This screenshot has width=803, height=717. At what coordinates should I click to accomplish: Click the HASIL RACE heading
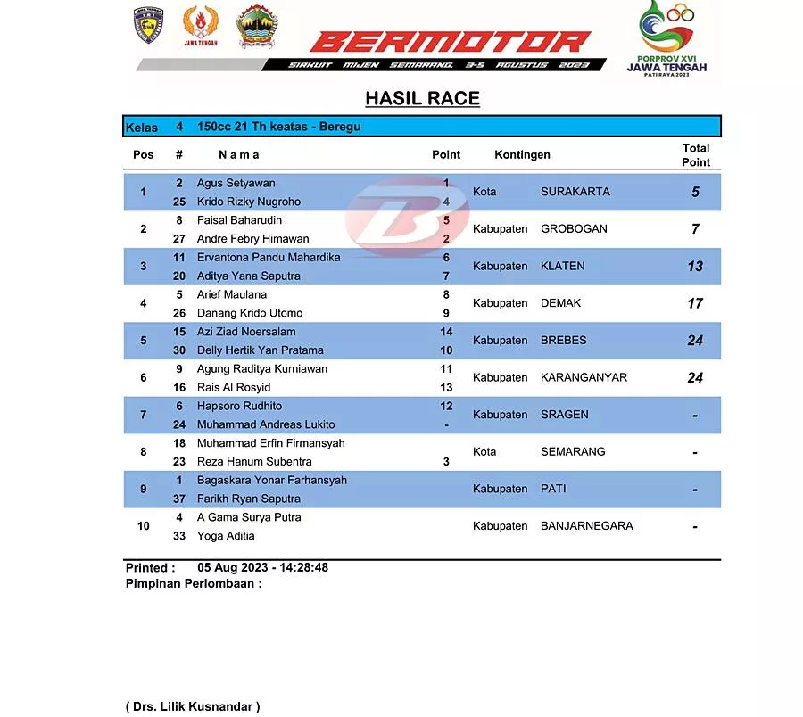pyautogui.click(x=422, y=98)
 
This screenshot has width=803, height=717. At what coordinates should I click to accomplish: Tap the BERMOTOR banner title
pyautogui.click(x=451, y=42)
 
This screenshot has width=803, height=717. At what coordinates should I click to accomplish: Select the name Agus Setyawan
pyautogui.click(x=236, y=183)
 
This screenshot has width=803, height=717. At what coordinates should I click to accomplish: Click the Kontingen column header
pyautogui.click(x=522, y=154)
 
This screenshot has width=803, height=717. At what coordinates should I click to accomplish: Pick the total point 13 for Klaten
pyautogui.click(x=695, y=266)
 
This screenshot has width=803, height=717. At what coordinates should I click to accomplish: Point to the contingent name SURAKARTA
pyautogui.click(x=575, y=192)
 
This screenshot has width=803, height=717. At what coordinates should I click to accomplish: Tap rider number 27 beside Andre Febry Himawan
pyautogui.click(x=179, y=239)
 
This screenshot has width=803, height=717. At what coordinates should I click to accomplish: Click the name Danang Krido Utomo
pyautogui.click(x=250, y=313)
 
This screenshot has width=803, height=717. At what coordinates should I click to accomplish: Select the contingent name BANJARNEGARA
pyautogui.click(x=587, y=526)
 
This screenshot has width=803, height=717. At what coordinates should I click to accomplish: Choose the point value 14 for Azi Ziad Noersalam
pyautogui.click(x=446, y=332)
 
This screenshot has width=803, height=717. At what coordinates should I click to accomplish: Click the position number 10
pyautogui.click(x=144, y=526)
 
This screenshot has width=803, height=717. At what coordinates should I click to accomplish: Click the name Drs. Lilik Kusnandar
pyautogui.click(x=193, y=706)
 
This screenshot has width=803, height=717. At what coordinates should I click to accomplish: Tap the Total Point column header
pyautogui.click(x=696, y=154)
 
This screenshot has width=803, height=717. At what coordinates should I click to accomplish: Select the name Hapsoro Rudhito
pyautogui.click(x=239, y=406)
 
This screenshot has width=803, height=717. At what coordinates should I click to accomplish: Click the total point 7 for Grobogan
pyautogui.click(x=695, y=229)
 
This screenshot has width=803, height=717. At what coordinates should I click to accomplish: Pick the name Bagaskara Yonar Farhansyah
pyautogui.click(x=272, y=480)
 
